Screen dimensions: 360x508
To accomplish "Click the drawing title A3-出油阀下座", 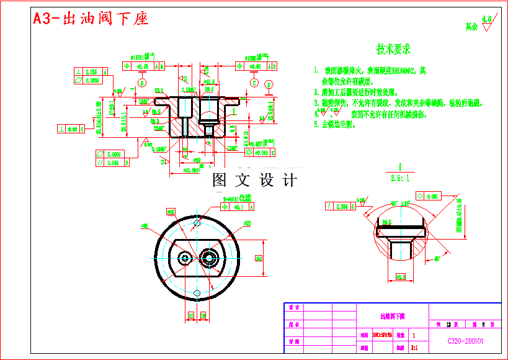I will [x=91, y=19].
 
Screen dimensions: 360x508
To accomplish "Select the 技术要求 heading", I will [x=393, y=49].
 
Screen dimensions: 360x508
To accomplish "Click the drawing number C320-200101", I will [x=465, y=341].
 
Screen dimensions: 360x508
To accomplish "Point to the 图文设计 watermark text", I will [x=254, y=181].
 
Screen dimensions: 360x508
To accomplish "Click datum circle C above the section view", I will [x=254, y=83].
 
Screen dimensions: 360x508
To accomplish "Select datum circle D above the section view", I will [x=269, y=84].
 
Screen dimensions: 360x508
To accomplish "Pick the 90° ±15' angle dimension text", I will [x=400, y=204].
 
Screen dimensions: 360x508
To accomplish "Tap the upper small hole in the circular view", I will [x=197, y=222].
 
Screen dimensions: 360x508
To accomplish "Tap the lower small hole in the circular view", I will [x=197, y=292].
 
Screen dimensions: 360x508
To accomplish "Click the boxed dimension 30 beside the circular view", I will [x=258, y=258].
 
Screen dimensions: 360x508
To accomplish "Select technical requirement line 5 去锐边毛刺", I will [x=334, y=125].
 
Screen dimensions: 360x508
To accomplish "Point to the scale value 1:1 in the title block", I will [x=414, y=348].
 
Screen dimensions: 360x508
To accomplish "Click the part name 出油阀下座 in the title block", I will [x=393, y=316].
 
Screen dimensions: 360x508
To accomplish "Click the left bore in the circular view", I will [x=185, y=258].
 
